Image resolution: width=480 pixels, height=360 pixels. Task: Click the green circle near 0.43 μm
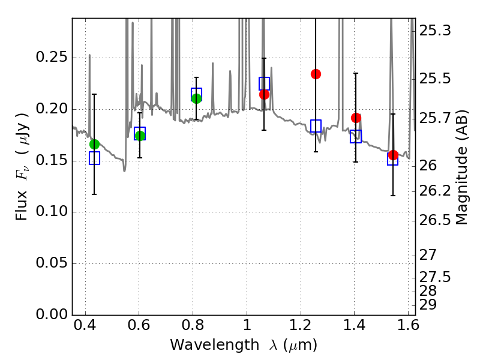(x=94, y=144)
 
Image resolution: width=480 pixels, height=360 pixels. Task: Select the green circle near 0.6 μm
(x=140, y=136)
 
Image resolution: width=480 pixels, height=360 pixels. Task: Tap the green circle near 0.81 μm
(x=196, y=98)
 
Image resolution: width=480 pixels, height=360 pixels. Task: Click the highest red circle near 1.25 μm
(x=316, y=74)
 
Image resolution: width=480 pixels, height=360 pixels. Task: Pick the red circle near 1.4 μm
(x=356, y=118)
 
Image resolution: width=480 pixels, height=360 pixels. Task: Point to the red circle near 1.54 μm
(x=393, y=155)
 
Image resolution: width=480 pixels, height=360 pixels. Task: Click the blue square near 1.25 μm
(x=316, y=126)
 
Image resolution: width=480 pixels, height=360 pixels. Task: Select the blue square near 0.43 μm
(x=94, y=158)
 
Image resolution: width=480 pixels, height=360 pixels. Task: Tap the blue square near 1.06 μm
(x=264, y=83)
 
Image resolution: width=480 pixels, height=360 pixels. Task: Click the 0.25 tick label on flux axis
(x=52, y=57)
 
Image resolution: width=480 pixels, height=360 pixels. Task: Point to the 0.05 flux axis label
(x=52, y=263)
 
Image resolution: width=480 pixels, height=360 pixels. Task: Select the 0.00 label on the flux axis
(x=52, y=314)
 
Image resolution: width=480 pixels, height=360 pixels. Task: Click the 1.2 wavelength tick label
(x=301, y=325)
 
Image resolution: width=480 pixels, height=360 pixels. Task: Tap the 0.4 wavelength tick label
(x=85, y=325)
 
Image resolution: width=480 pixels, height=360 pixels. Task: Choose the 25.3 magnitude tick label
(x=434, y=31)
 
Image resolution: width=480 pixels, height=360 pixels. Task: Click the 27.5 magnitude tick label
(x=434, y=277)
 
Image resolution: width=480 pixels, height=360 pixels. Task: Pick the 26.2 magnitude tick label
(x=434, y=191)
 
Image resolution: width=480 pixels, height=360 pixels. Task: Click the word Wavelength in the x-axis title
(x=215, y=345)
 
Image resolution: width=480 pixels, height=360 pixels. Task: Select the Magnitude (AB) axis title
(x=462, y=167)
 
